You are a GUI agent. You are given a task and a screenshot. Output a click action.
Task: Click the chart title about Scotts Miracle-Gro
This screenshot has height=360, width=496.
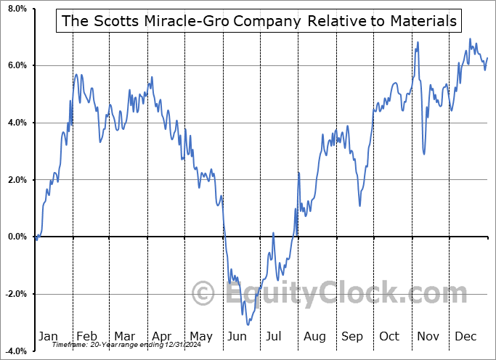pyautogui.click(x=260, y=21)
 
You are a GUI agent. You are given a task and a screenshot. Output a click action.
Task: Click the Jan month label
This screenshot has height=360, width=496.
pyautogui.click(x=48, y=336)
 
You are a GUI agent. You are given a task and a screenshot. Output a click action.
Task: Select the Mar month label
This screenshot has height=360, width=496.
pyautogui.click(x=123, y=336)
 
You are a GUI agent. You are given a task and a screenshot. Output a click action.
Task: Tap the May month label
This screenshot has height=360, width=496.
pyautogui.click(x=200, y=336)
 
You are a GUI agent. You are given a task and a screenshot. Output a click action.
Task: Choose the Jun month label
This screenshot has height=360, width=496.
pyautogui.click(x=237, y=336)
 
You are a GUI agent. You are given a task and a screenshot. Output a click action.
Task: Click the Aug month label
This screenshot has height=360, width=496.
pyautogui.click(x=314, y=336)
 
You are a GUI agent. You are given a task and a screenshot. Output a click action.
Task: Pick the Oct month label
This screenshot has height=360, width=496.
pyautogui.click(x=389, y=336)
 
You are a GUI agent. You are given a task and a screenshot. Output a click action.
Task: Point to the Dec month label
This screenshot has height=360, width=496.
pyautogui.click(x=465, y=336)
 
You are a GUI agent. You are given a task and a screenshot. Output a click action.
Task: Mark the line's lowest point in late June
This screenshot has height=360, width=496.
pyautogui.click(x=248, y=324)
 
